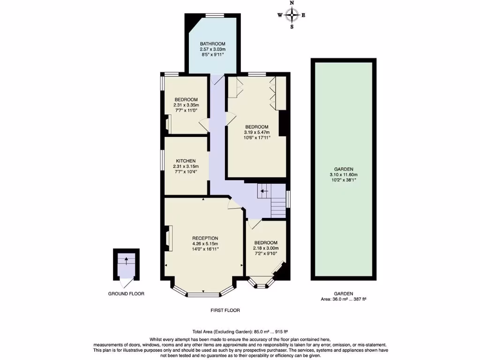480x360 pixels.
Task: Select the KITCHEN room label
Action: [186, 160]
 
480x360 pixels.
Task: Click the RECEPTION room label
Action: [205, 238]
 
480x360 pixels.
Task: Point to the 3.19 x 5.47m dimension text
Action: [257, 132]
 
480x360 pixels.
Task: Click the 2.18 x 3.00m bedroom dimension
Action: [266, 248]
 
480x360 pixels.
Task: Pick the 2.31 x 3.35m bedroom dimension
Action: [186, 105]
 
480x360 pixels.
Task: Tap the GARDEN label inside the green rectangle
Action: [344, 169]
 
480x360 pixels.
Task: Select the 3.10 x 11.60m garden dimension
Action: [344, 175]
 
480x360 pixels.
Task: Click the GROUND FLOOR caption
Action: [126, 294]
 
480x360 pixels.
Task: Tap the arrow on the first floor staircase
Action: [264, 191]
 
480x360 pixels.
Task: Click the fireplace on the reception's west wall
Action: [169, 238]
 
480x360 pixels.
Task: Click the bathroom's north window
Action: [214, 15]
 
